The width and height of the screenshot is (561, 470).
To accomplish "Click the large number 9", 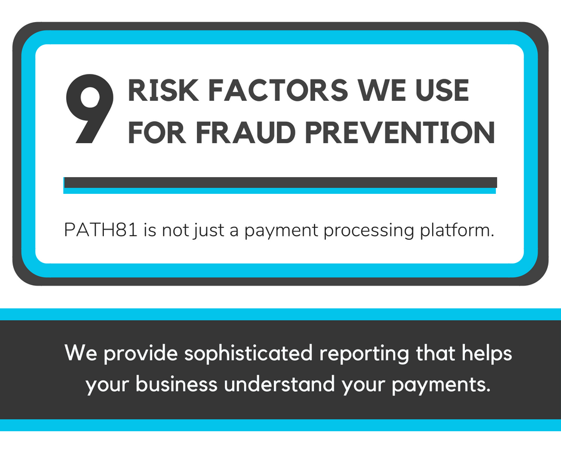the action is [90, 109].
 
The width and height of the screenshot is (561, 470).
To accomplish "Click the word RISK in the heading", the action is [163, 90].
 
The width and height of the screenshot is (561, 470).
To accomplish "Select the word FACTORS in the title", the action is [278, 90].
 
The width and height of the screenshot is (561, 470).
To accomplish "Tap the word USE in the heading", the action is [442, 90].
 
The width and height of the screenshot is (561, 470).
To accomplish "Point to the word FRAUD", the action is [245, 132].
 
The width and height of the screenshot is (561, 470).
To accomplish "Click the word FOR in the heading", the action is [157, 132].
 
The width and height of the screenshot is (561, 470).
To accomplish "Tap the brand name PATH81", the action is [100, 230].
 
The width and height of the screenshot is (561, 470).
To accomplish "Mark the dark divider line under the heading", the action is [280, 183].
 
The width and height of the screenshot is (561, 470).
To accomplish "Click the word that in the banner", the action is [436, 353].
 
